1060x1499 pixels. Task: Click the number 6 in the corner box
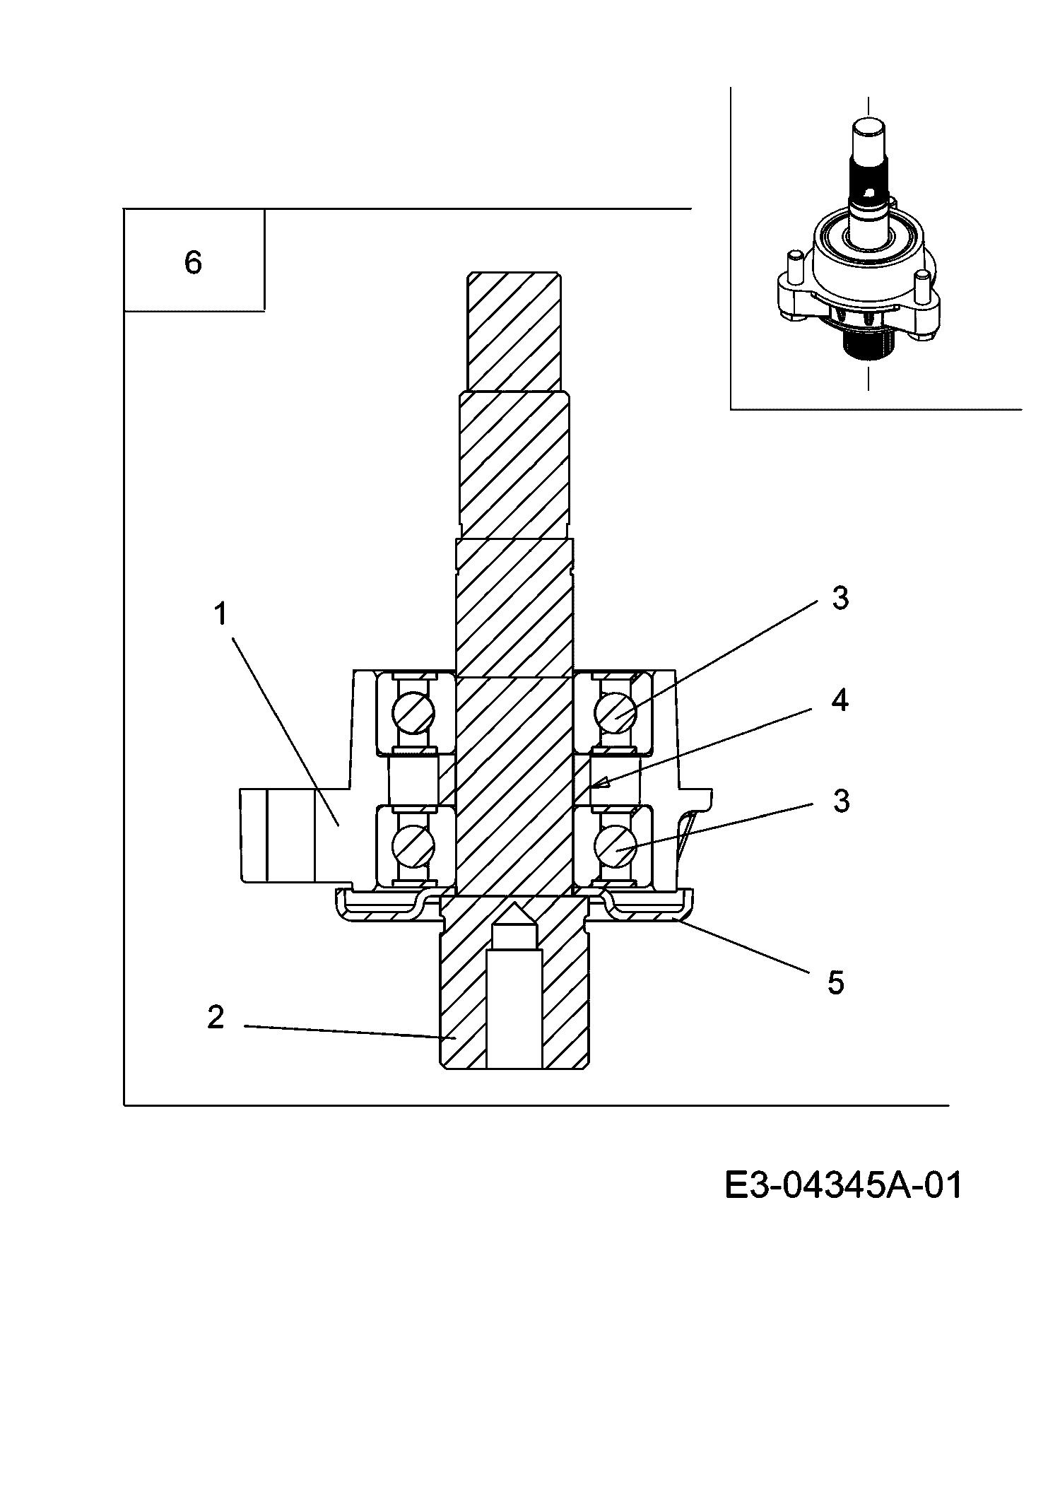coord(193,262)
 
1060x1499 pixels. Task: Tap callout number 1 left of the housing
coord(221,614)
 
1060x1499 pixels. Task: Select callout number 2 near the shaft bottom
coord(216,1017)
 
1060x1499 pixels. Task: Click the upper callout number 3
coord(840,599)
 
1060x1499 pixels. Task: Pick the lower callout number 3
coord(840,801)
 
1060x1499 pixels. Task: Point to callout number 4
coord(840,700)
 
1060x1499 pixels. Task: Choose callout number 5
coord(836,982)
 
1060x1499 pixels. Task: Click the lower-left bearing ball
coord(414,845)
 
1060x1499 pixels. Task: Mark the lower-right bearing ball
coord(616,845)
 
